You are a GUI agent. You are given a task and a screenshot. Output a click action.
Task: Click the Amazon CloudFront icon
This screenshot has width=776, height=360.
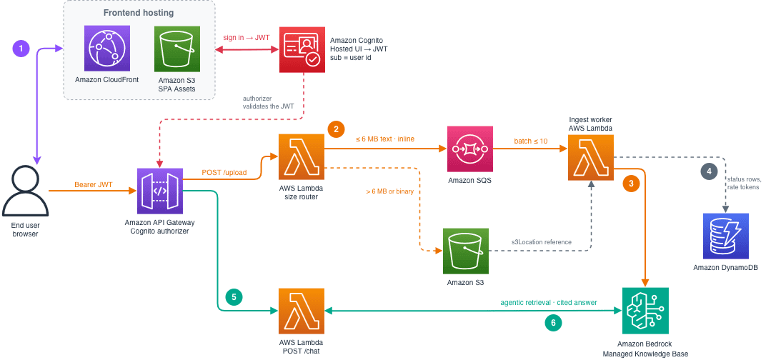(x=107, y=49)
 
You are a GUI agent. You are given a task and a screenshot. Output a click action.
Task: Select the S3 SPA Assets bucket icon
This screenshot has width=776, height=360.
(x=177, y=49)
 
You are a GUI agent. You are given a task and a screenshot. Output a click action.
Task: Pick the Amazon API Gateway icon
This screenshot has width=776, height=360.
(x=159, y=190)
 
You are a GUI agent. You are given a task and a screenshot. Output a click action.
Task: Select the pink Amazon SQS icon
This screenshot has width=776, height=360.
(x=469, y=149)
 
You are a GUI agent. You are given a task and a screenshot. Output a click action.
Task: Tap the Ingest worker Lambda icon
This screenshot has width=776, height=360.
(x=590, y=156)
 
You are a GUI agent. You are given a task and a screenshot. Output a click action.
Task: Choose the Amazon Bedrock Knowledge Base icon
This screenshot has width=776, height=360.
(x=645, y=310)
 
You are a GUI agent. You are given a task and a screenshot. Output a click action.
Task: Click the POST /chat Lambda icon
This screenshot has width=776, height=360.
(x=302, y=311)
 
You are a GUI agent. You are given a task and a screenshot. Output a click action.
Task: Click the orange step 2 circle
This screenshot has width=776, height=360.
(x=336, y=130)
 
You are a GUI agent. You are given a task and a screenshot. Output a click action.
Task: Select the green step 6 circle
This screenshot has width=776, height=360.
(x=553, y=323)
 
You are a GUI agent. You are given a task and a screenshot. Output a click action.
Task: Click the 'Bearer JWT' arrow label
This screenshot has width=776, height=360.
(x=94, y=185)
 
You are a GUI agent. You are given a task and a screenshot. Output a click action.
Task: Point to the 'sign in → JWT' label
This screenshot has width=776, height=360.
(x=246, y=38)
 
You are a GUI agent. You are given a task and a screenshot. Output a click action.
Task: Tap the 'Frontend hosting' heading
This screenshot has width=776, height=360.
(x=139, y=13)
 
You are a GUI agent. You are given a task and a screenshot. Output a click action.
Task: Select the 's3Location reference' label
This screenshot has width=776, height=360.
(x=542, y=242)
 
